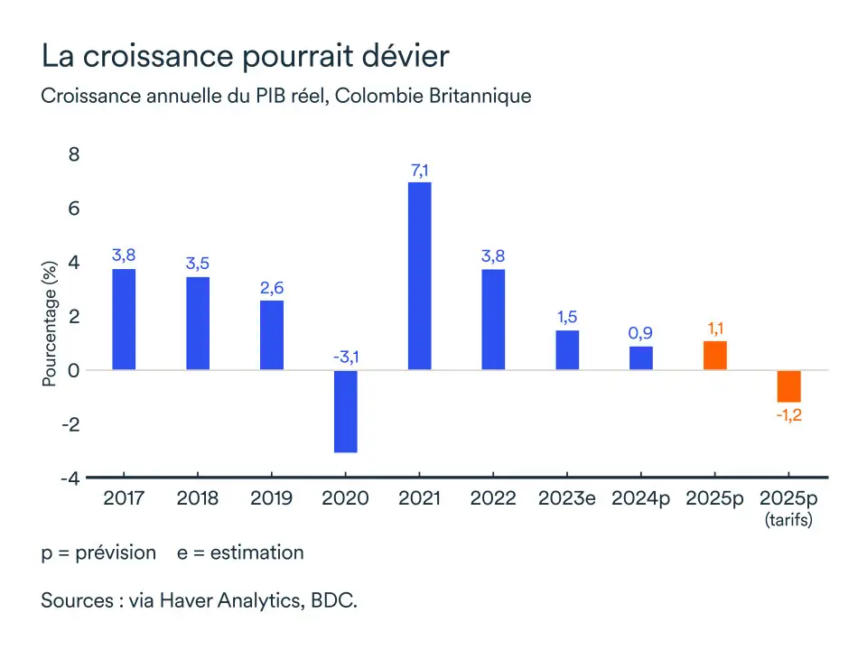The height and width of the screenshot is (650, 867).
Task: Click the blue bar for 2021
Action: coord(419,275)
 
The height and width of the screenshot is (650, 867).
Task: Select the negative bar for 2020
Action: coord(345,411)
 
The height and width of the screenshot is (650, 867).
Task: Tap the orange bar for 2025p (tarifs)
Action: coord(788,385)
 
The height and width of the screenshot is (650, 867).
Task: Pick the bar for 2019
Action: coord(272,335)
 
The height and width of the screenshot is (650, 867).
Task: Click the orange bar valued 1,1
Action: coord(715,355)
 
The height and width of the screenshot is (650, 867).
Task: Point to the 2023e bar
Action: coord(567,349)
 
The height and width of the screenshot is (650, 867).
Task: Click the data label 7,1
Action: coord(419,168)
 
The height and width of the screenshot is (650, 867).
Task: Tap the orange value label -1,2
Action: coord(788,415)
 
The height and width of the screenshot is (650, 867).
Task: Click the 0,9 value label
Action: coord(640,333)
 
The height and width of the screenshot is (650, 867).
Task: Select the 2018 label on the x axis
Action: coord(197,498)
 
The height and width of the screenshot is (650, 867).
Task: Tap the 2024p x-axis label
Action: coord(640,498)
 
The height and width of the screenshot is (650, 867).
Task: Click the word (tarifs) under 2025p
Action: coord(788,520)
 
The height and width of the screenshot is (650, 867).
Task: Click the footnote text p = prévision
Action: coord(98,552)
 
